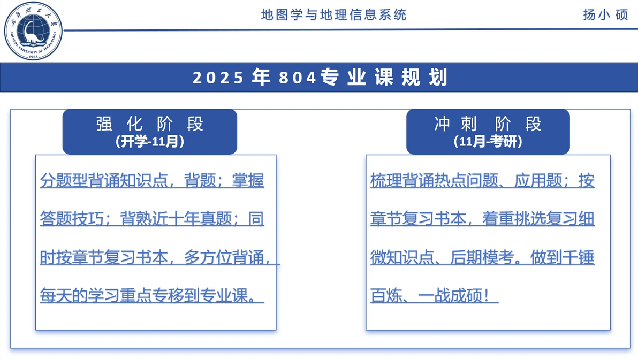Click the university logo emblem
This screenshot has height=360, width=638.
tap(33, 31)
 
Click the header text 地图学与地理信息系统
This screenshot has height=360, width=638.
tap(333, 15)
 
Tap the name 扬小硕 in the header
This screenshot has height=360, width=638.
tap(605, 15)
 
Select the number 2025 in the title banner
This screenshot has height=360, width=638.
tap(218, 78)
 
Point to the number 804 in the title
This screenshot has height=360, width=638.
tap(298, 78)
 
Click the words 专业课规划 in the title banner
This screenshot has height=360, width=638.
tap(384, 77)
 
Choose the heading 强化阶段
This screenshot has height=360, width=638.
tap(150, 124)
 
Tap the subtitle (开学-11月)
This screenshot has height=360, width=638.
tap(150, 142)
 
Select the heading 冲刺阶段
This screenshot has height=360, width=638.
tap(488, 124)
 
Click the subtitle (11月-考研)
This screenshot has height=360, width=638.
tap(488, 142)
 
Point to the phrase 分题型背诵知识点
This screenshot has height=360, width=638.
tap(104, 180)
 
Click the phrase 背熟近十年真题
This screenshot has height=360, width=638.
tap(176, 219)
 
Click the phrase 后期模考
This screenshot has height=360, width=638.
tap(482, 257)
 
